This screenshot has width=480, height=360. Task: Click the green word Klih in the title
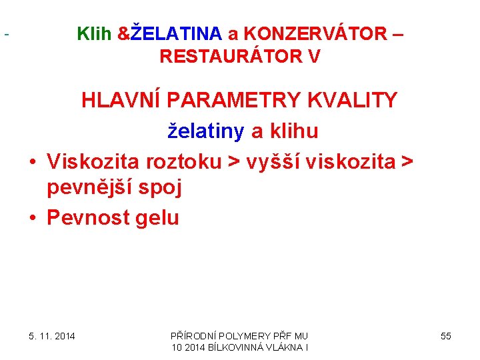click(x=95, y=33)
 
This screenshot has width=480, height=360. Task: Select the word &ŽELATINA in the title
click(x=169, y=33)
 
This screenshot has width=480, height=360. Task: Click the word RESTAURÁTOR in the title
click(x=226, y=57)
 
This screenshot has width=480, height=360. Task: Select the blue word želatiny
click(x=205, y=131)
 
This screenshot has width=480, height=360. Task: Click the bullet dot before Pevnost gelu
click(x=32, y=219)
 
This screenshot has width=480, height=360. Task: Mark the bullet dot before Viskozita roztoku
click(x=32, y=161)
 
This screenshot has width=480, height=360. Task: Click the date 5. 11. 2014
click(x=51, y=336)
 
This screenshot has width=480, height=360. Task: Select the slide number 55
click(x=445, y=336)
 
